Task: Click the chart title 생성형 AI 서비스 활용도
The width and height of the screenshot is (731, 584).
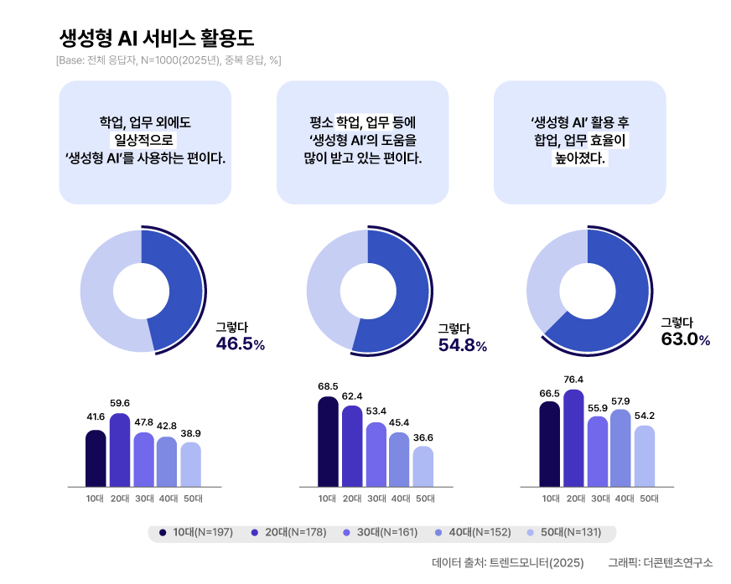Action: (x=157, y=38)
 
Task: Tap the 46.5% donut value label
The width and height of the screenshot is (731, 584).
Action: (x=241, y=344)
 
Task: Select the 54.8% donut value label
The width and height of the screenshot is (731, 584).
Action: (x=463, y=345)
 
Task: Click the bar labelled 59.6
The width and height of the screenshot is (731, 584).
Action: (x=120, y=450)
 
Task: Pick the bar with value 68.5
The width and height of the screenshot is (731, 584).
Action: (x=328, y=442)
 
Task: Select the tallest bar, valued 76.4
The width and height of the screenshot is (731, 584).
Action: (x=574, y=438)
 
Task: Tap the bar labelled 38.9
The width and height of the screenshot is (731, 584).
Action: (x=191, y=464)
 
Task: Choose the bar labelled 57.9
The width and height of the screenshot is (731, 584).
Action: (x=621, y=448)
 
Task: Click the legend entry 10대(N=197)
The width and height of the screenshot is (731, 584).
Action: (x=196, y=532)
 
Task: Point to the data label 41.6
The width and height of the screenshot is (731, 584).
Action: (x=96, y=416)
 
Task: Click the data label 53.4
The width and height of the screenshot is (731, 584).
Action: (x=376, y=411)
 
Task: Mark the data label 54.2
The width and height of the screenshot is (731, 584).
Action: (x=645, y=416)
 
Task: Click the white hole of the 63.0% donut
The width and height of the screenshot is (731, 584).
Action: (x=588, y=290)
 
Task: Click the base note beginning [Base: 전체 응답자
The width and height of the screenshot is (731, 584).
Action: (x=168, y=60)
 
